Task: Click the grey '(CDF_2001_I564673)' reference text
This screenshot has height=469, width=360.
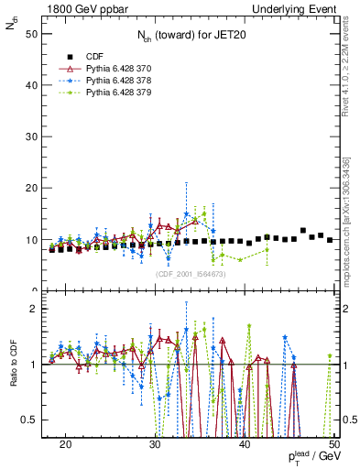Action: [192, 273]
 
